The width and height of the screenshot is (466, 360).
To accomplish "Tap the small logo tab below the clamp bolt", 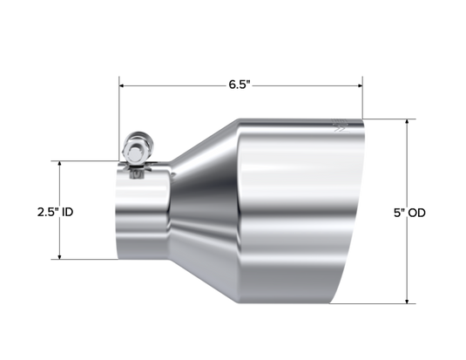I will (137, 173).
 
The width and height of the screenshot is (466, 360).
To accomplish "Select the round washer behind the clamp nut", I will (131, 139).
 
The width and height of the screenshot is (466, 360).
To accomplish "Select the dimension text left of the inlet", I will (55, 211).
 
